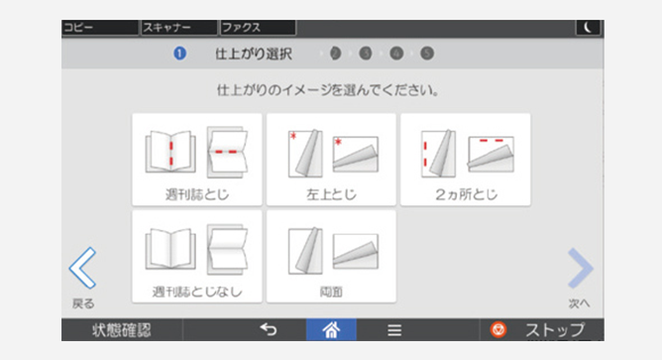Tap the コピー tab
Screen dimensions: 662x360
(x=100, y=28)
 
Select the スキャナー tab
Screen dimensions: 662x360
(x=179, y=28)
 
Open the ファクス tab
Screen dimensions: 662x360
(x=258, y=28)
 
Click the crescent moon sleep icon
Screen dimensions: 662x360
(x=588, y=28)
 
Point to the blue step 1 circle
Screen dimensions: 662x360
(x=179, y=54)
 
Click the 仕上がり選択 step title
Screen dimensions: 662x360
(x=254, y=55)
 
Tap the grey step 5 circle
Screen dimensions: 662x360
(x=427, y=54)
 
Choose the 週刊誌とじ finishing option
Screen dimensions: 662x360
(x=197, y=160)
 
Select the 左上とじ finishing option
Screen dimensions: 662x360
(x=331, y=160)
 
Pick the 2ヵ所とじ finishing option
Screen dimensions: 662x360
(x=466, y=160)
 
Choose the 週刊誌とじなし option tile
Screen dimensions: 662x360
(x=197, y=257)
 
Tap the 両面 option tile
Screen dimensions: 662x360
(x=331, y=257)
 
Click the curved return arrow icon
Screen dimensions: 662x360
(x=269, y=329)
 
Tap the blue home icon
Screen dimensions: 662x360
(x=331, y=329)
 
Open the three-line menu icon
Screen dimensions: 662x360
(x=394, y=330)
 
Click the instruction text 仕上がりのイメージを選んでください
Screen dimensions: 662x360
(x=328, y=90)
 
